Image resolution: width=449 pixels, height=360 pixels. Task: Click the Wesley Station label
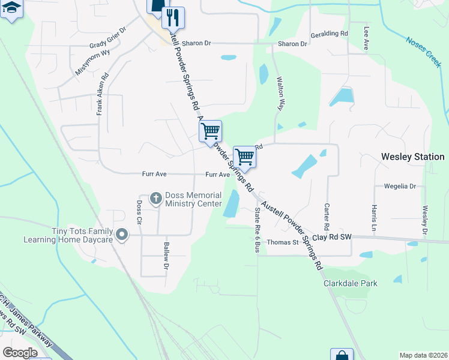(413, 157)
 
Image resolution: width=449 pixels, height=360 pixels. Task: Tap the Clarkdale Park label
(351, 283)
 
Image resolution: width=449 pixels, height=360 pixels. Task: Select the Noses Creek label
(424, 50)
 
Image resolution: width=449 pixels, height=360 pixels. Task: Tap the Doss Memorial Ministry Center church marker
(155, 198)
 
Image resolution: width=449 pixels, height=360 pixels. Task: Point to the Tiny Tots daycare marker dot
(122, 235)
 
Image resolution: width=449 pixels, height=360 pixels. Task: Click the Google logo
(20, 353)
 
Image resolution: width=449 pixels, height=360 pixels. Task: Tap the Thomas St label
(283, 242)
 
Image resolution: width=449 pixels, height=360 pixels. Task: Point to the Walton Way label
(280, 93)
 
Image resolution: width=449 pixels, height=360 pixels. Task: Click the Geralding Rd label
(329, 34)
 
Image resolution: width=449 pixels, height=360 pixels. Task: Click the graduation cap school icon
(11, 8)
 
